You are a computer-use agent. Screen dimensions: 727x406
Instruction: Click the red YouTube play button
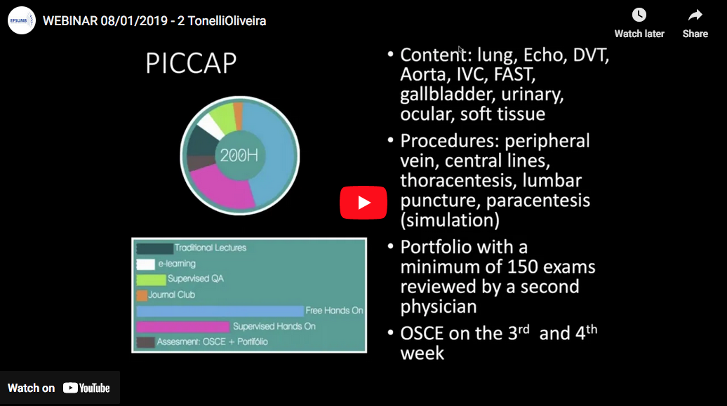tap(363, 203)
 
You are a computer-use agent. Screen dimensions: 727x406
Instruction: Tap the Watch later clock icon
tap(639, 15)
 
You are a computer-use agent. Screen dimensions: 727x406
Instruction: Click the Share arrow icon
tap(695, 15)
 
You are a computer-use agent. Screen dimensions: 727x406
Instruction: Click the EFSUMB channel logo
tap(21, 20)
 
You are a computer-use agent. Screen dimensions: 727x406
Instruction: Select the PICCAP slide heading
tap(191, 63)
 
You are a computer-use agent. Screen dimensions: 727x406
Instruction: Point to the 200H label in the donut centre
tap(239, 155)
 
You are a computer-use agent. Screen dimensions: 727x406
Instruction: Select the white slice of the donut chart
tap(211, 126)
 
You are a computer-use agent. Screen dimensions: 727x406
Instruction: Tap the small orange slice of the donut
tap(238, 116)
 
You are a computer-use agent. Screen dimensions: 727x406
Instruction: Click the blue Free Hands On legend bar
tap(220, 311)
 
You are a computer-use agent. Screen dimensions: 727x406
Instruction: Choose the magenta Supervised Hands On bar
tap(183, 327)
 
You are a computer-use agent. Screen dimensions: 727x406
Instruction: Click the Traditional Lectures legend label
tap(210, 248)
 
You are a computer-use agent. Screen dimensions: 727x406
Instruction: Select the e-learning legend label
tap(177, 264)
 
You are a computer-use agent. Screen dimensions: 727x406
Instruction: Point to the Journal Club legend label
tap(171, 295)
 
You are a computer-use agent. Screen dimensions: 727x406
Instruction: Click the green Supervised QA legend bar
tap(151, 280)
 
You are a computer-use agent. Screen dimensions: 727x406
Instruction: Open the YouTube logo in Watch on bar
tap(86, 388)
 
